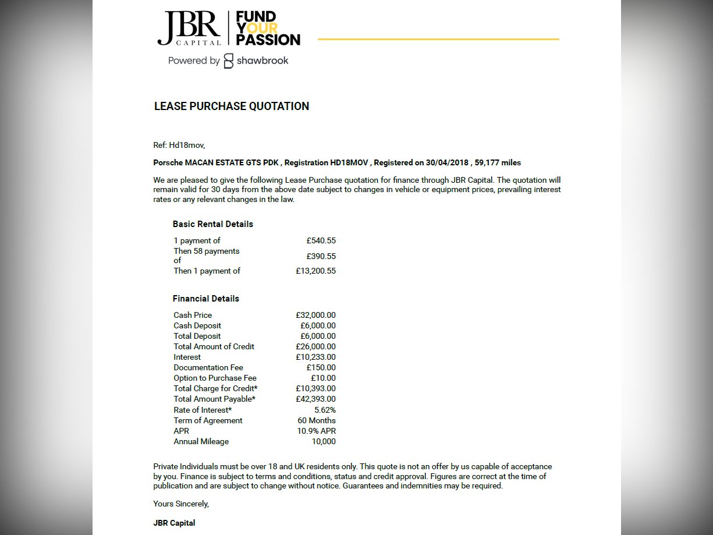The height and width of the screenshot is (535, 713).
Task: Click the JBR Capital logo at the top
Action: pos(189,28)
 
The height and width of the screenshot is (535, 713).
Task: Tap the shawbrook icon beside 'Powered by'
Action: pos(229,61)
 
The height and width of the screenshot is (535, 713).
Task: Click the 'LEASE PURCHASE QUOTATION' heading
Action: pos(231,107)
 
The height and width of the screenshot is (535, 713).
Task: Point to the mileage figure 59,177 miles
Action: pos(498,162)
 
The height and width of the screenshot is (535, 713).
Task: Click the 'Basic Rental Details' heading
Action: pos(212,224)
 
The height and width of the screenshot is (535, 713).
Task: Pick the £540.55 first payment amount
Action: pos(321,240)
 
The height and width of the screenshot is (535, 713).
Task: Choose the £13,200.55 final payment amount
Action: pos(315,271)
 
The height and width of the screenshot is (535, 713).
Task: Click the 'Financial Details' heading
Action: pos(205,299)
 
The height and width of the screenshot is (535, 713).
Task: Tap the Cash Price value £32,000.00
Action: pos(315,315)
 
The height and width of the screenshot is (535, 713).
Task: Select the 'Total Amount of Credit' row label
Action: pos(214,346)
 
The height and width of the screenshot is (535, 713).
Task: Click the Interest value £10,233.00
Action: pos(315,357)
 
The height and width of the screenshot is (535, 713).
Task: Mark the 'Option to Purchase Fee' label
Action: pos(215,378)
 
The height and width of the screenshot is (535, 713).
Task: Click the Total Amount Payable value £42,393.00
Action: pos(315,399)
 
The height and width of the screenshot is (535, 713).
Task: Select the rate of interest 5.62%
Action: pos(325,410)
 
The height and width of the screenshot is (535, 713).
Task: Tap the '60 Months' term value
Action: pos(317,420)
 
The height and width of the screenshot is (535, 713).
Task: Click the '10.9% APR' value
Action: pos(316,431)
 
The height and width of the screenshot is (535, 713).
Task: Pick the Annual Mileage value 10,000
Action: pos(324,441)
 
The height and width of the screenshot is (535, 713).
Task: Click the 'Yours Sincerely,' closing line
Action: pos(181,504)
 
